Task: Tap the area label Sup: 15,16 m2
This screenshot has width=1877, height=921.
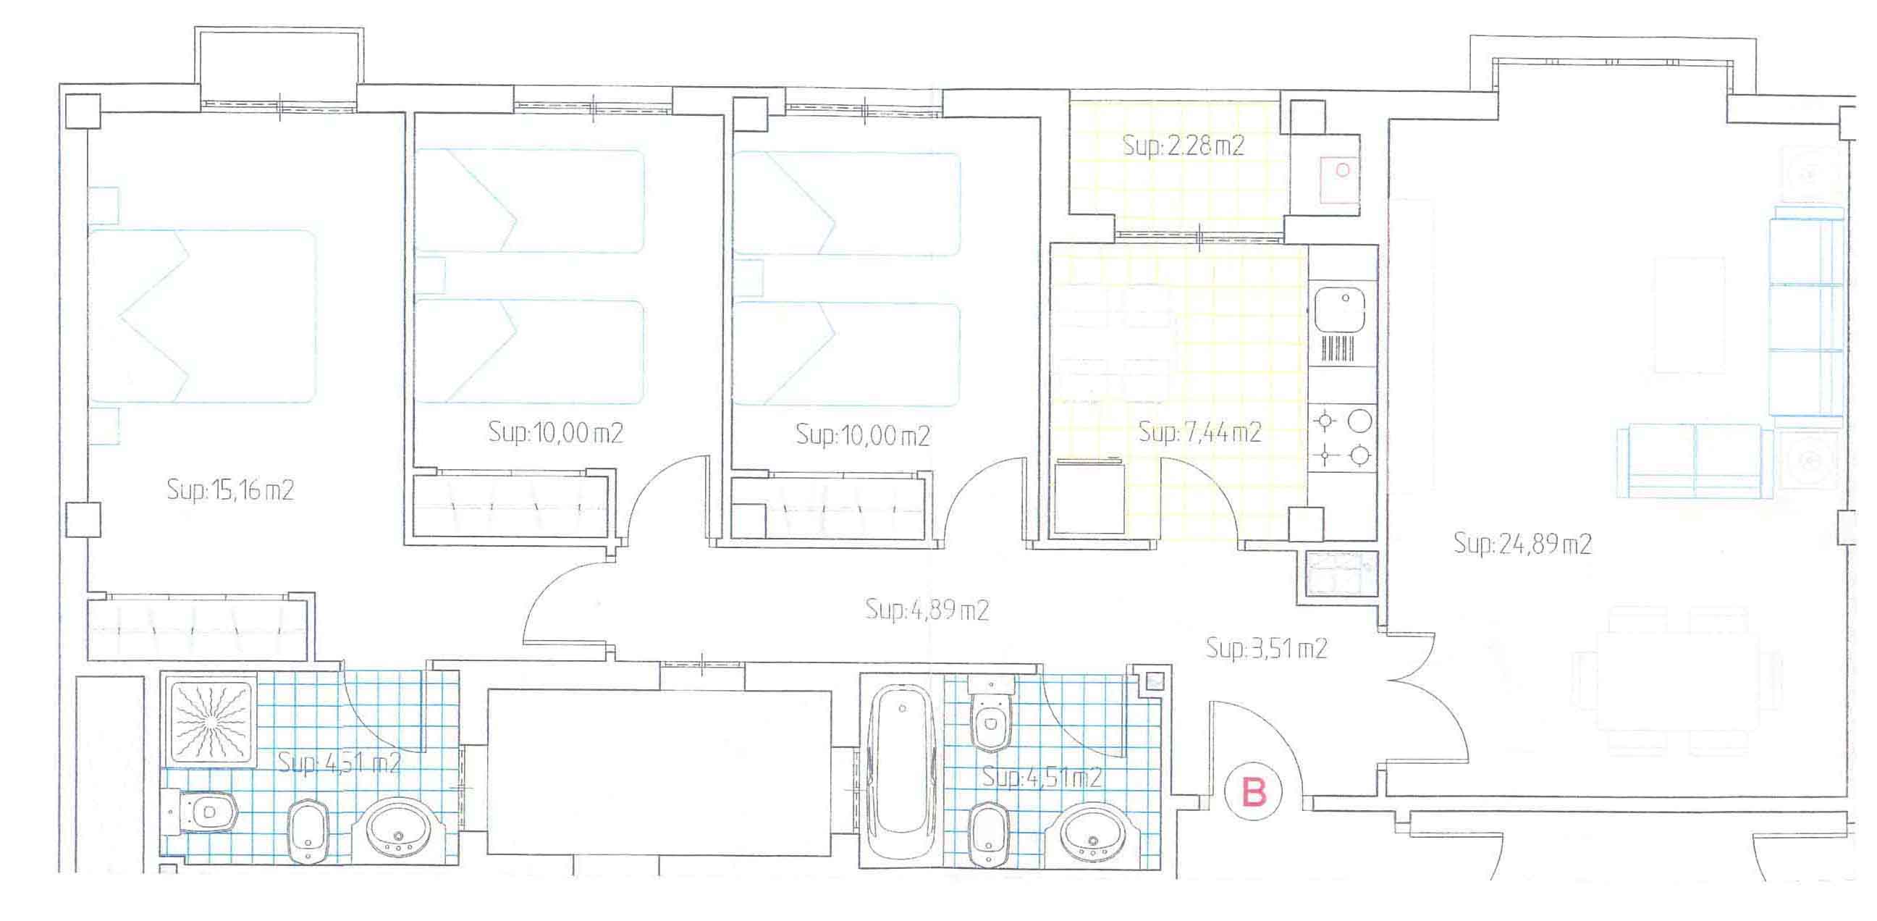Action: click(230, 489)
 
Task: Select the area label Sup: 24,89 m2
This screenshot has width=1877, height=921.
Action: click(1522, 544)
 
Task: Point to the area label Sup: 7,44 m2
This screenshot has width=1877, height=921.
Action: click(1199, 432)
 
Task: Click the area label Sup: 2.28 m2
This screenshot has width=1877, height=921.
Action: click(1184, 146)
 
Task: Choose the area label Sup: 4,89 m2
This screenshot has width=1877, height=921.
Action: click(927, 609)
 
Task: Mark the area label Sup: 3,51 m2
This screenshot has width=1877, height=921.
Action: click(1266, 648)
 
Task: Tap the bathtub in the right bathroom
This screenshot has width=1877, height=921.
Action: click(903, 770)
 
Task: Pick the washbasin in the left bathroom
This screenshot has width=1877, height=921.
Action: click(398, 830)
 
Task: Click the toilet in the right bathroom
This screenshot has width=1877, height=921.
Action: click(991, 715)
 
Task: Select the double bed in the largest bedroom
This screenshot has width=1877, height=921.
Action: click(203, 316)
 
